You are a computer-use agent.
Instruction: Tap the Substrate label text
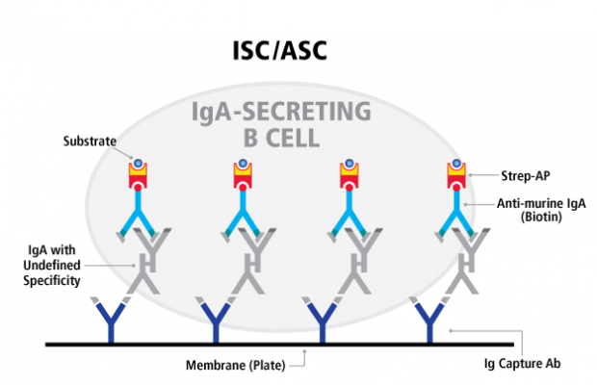(91, 141)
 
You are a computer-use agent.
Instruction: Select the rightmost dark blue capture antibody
(429, 321)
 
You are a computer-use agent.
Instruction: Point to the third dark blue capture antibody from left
(324, 321)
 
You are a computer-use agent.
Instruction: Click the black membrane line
(289, 343)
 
